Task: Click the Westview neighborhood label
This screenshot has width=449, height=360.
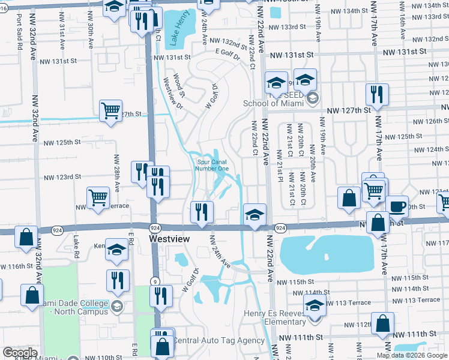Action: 169,239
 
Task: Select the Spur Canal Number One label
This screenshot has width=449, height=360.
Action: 212,165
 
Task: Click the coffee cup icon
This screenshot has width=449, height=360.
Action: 397,206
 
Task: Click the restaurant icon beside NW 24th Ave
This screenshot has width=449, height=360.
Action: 202,212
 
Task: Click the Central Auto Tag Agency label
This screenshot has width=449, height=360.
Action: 218,340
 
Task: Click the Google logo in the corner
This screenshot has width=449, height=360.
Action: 20,353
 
